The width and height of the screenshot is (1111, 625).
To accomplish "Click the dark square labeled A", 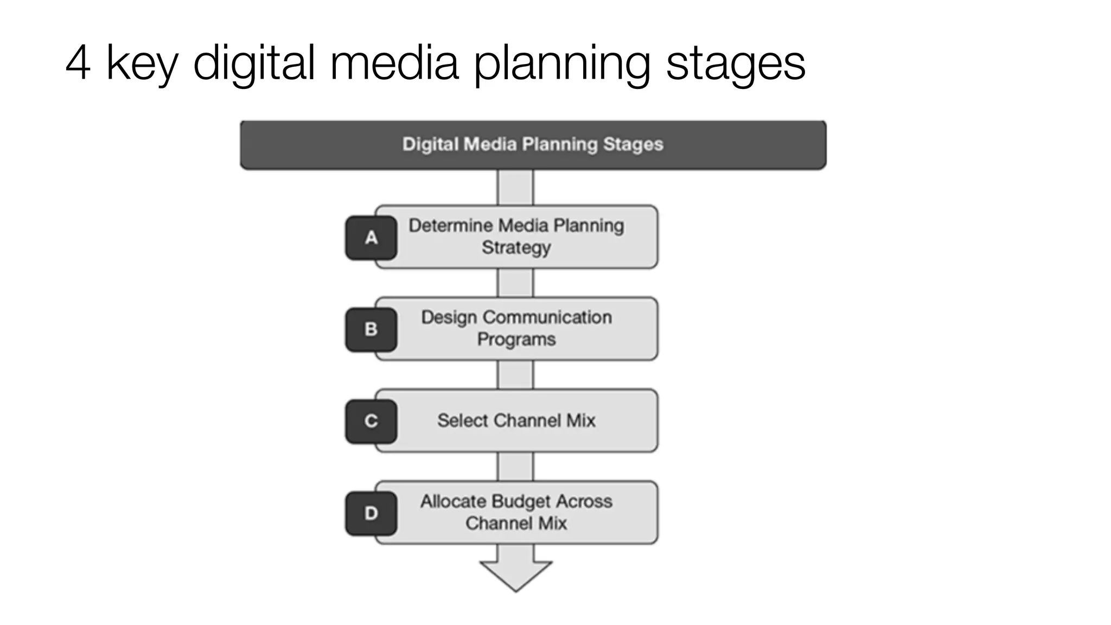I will pyautogui.click(x=371, y=238).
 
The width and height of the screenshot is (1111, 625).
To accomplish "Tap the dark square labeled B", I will pyautogui.click(x=371, y=329).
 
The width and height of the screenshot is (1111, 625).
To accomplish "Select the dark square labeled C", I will pyautogui.click(x=371, y=421).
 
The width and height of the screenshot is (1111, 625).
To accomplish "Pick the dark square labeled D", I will pyautogui.click(x=371, y=513).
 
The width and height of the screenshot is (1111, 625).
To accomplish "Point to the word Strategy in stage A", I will pyautogui.click(x=516, y=248).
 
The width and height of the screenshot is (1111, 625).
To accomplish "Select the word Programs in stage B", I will pyautogui.click(x=516, y=340).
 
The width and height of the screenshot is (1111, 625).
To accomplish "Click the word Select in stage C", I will pyautogui.click(x=463, y=420).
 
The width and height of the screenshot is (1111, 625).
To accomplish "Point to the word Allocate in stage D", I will pyautogui.click(x=454, y=501).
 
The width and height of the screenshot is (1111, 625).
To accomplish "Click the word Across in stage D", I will pyautogui.click(x=584, y=501).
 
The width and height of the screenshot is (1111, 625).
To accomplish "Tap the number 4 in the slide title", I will pyautogui.click(x=78, y=63).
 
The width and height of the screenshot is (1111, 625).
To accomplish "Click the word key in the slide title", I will pyautogui.click(x=142, y=64).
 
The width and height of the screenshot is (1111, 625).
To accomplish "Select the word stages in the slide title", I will pyautogui.click(x=736, y=64).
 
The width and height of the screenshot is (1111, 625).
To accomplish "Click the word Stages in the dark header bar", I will pyautogui.click(x=633, y=144).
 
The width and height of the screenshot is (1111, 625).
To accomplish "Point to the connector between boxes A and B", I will pyautogui.click(x=515, y=283).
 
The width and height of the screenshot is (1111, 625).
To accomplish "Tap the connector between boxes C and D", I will pyautogui.click(x=515, y=467).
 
